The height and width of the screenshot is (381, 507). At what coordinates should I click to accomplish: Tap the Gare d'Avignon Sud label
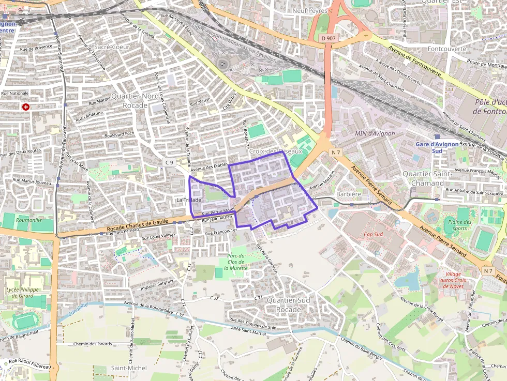point(437,147)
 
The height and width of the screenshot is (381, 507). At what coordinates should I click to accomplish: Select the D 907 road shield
point(328,38)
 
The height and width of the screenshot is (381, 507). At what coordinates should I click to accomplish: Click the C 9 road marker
point(169,162)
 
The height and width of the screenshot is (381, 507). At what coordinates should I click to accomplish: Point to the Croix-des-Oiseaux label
point(275,151)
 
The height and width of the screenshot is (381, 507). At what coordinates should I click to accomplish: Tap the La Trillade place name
point(188,200)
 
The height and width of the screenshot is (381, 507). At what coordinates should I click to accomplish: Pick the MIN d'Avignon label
point(375,133)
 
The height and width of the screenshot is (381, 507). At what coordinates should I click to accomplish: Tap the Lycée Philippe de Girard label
point(23,293)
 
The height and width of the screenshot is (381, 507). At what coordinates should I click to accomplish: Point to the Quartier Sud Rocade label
point(288,304)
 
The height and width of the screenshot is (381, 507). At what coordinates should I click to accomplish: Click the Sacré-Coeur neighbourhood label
point(112,47)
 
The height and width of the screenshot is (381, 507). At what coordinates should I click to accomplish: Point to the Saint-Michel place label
point(129,368)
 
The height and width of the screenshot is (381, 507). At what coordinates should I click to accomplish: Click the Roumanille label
point(28,220)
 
